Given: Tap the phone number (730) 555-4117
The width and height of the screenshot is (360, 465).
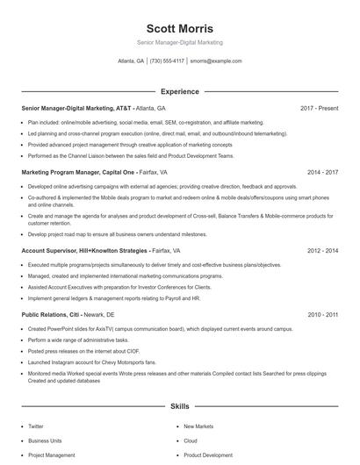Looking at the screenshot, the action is pos(167,61).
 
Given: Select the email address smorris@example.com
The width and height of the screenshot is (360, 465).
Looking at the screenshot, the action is pos(215,61).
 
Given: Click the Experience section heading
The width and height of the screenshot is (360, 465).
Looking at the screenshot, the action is pos(179,91).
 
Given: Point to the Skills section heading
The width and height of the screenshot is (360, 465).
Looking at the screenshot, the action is pos(179,407).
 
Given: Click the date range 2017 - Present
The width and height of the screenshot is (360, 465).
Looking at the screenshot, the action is pos(319,108).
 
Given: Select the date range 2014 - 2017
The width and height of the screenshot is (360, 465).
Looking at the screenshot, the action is pos(322,173).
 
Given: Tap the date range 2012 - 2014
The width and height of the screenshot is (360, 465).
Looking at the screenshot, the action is pos(322,250).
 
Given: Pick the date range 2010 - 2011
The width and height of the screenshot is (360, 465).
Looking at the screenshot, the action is pos(322,314).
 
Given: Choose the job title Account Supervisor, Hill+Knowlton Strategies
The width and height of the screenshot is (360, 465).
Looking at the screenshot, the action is pos(84,250).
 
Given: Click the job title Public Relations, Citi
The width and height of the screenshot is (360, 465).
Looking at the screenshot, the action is pos(49,314).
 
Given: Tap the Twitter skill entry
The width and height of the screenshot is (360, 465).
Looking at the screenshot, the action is pos(35,426).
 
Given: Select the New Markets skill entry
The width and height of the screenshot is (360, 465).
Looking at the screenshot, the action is pos(198,426).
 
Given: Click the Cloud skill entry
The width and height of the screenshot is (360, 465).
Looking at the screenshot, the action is pos(191,440).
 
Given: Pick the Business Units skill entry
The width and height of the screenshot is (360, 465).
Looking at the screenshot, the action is pos(45,440).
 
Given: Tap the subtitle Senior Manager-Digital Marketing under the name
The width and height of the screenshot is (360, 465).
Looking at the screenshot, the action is pos(179,42).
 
